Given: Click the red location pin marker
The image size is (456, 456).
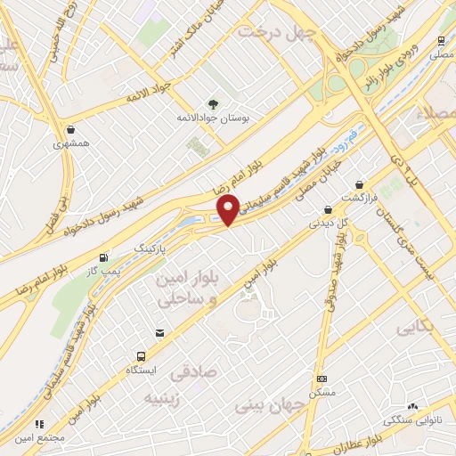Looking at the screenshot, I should coord(229,210).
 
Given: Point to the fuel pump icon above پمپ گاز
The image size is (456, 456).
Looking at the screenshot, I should coord(106,255).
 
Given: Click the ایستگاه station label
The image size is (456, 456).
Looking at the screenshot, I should coord(141,368).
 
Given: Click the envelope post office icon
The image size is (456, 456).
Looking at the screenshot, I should coord(159,332).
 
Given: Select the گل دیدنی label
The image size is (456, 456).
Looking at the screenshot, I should coord(326,224).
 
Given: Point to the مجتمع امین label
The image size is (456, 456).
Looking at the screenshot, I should coord(38,437).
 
